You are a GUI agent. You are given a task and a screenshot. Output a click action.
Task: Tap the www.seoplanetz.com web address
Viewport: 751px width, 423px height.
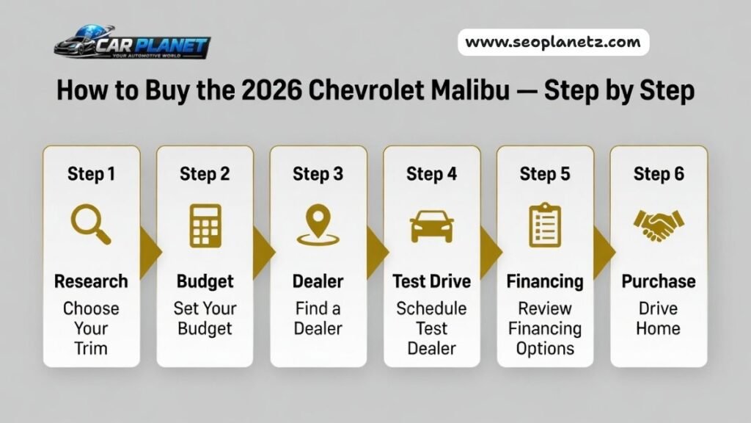point(553,43)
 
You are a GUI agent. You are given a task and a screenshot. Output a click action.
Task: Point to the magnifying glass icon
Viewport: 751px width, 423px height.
point(91,225)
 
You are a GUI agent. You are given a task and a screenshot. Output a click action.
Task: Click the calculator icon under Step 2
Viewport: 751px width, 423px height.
point(205,225)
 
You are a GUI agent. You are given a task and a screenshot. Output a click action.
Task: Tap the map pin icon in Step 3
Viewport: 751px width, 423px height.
point(318,225)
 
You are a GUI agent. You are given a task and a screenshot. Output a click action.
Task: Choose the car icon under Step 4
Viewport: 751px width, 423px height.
point(431,225)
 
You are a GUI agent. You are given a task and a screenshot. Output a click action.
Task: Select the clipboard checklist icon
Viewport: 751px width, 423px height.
point(545,225)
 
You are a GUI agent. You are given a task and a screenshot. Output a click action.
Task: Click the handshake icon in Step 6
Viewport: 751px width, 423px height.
point(658,225)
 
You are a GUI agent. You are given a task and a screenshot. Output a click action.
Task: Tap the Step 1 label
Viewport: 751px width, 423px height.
point(91,174)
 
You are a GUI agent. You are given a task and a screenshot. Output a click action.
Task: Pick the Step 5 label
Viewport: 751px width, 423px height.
point(545,174)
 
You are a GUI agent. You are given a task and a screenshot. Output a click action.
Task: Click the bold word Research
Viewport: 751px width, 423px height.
point(91,281)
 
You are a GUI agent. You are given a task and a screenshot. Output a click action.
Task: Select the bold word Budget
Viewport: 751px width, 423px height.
point(205,281)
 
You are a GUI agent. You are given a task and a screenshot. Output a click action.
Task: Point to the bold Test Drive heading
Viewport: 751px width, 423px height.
point(431,281)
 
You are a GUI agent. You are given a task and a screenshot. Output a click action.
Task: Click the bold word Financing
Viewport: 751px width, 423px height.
point(545,281)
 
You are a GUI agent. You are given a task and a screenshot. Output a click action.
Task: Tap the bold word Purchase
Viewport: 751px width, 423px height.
point(658,281)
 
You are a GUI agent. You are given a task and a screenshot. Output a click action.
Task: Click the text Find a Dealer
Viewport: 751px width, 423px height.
point(318,317)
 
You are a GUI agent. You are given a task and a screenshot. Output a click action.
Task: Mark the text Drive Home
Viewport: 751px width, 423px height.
point(658,317)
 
